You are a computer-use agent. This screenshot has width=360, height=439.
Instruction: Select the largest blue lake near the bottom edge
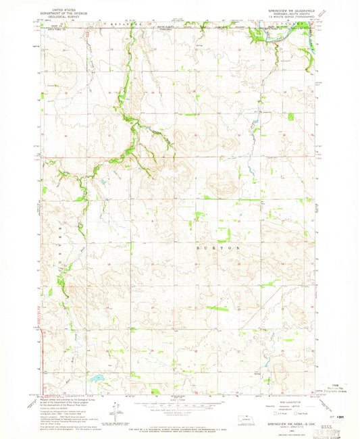pos(99,379)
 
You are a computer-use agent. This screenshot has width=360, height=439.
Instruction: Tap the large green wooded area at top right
pos(257,34)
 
